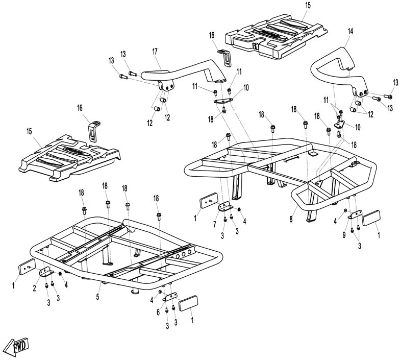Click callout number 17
[x=154, y=51]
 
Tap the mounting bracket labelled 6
[x=169, y=298]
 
